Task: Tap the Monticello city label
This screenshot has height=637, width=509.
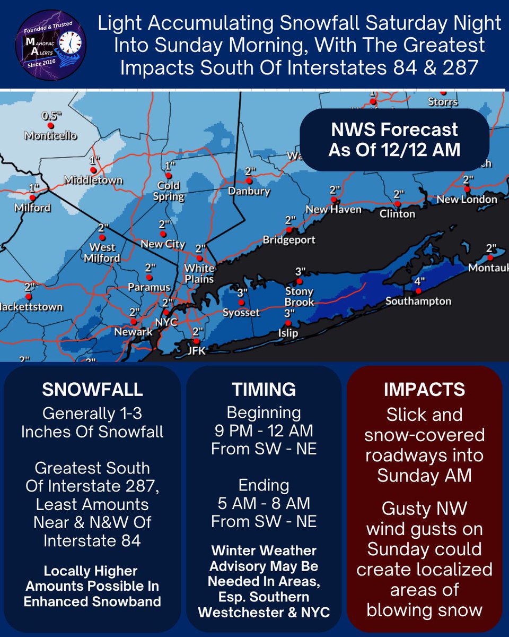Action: pos(50,136)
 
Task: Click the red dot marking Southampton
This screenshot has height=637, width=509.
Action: pos(418,291)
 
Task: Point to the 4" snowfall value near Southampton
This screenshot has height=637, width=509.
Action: pos(419,281)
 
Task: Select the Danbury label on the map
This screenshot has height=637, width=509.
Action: pos(249,191)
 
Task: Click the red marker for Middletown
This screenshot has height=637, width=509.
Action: pos(93,170)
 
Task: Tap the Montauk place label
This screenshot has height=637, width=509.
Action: pos(488,269)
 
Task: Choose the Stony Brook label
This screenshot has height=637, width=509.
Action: pos(300,297)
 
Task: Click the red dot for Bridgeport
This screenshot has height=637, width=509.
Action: pos(289,230)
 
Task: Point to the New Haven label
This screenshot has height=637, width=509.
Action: pos(334,210)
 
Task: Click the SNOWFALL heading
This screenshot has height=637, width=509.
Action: pos(92,390)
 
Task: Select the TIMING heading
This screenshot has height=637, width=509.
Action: pos(264,390)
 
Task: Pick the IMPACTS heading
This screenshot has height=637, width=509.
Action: pos(424,390)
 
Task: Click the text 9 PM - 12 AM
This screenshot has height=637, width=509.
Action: pos(264,431)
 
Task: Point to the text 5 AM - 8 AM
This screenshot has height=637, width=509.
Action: pos(264,503)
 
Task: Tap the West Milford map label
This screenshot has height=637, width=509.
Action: pos(104,253)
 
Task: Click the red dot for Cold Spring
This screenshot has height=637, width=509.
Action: pos(169,175)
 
